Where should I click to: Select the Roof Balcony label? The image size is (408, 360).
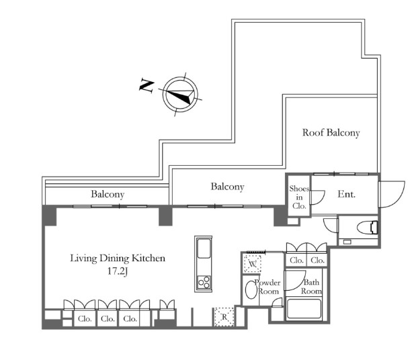331,133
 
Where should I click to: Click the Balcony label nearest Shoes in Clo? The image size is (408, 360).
227,187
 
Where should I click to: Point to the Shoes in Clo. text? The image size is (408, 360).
298,197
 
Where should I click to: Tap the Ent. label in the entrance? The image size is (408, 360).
346,194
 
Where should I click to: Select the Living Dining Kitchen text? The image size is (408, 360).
118,258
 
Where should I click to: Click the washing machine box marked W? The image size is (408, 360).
253,265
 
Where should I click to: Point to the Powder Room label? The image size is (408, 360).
267,287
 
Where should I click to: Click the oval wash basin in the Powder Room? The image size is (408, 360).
249,290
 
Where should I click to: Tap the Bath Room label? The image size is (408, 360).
311,287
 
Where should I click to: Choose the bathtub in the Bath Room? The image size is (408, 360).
304,310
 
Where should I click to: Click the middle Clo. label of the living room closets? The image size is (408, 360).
107,319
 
